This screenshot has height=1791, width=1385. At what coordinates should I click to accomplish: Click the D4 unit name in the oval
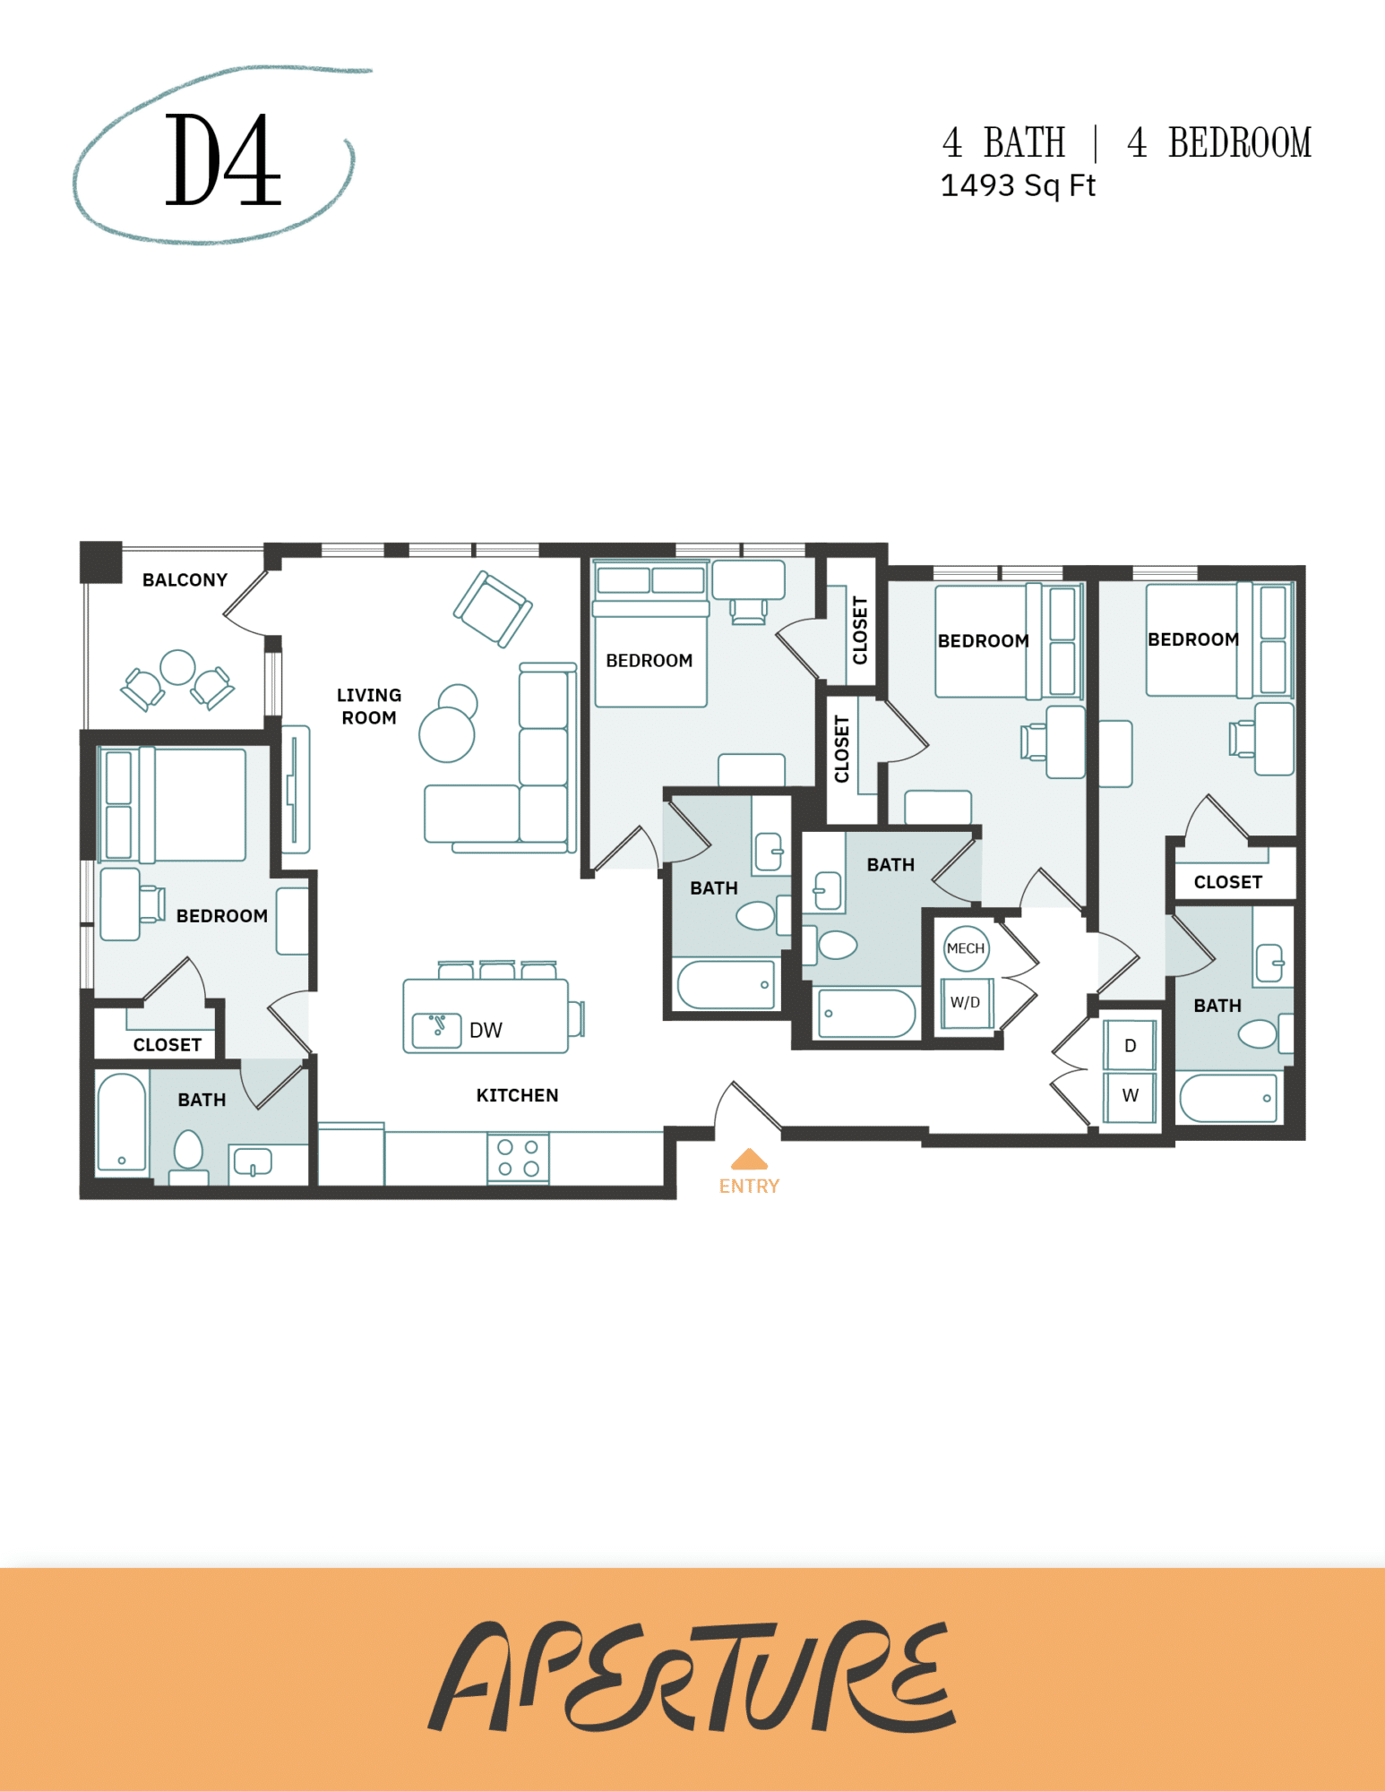222,160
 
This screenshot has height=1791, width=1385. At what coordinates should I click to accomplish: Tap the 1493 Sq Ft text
1017,185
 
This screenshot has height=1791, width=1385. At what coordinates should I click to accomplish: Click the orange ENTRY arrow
749,1160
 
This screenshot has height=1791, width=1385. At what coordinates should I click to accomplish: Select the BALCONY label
185,579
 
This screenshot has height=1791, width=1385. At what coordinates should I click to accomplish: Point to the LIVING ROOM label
369,706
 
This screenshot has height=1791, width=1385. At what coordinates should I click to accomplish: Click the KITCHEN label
517,1094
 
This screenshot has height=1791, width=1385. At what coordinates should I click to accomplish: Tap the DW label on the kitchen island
486,1030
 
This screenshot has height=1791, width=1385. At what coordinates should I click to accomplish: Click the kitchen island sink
436,1030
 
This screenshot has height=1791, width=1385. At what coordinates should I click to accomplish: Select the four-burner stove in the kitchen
518,1157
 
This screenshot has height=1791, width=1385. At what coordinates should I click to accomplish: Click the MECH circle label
966,948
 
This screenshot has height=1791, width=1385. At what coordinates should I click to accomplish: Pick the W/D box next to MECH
966,1002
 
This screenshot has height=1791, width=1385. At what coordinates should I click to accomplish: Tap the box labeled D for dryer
1130,1045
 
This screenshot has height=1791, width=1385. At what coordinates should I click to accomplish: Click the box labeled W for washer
1130,1095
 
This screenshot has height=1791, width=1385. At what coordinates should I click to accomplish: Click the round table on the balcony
177,667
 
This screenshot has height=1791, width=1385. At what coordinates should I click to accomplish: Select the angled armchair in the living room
492,609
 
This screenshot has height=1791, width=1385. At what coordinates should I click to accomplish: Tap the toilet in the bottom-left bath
188,1149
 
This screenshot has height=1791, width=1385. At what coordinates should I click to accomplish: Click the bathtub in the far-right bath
1228,1098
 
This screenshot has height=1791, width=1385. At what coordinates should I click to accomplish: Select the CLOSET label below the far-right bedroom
1227,882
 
